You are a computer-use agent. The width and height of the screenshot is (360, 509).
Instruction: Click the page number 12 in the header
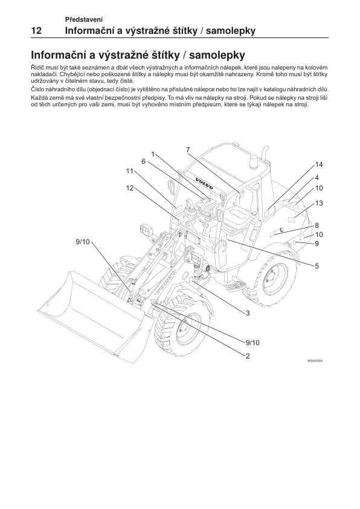(36, 31)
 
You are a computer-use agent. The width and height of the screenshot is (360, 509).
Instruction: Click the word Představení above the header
(84, 19)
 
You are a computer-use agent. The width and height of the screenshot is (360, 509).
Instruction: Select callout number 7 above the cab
(188, 150)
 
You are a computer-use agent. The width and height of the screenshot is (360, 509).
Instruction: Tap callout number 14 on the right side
(319, 164)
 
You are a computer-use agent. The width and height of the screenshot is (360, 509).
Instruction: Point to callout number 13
(319, 203)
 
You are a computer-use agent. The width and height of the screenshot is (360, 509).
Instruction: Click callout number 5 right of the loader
(317, 266)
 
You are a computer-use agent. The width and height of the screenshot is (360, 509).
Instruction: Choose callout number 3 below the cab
(248, 313)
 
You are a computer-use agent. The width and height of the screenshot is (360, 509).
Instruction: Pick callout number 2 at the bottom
(248, 356)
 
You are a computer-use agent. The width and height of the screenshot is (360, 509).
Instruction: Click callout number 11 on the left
(130, 171)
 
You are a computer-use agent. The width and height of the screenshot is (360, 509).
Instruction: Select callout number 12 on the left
(130, 188)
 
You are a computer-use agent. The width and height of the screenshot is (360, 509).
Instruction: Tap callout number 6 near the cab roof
(143, 161)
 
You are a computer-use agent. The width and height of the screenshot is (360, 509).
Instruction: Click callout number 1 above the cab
(153, 154)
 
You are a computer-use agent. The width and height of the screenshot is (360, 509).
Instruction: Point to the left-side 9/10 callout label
(83, 242)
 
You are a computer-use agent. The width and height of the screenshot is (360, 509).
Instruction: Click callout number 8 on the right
(317, 225)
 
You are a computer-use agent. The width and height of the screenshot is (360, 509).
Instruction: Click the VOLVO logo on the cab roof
(204, 183)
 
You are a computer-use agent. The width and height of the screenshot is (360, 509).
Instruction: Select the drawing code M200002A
(315, 361)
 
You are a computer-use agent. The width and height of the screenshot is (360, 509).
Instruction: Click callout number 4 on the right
(317, 178)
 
